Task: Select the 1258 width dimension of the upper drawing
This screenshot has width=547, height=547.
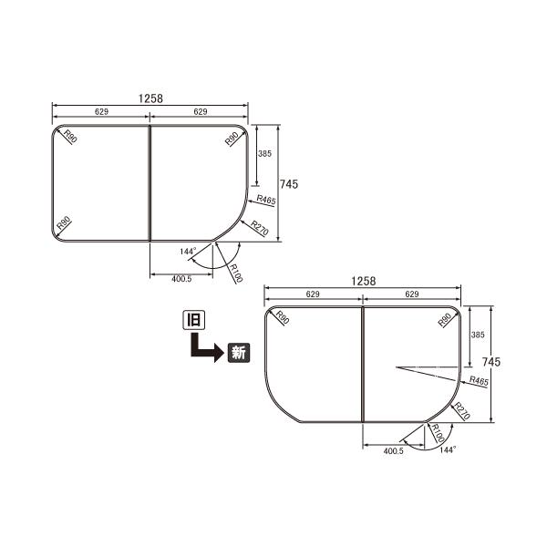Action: tap(151, 98)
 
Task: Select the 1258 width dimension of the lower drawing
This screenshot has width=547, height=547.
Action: tap(362, 283)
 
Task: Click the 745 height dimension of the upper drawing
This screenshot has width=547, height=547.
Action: tap(289, 183)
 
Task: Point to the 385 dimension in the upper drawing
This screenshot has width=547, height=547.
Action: tap(264, 154)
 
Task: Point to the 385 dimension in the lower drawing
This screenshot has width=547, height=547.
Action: tap(476, 335)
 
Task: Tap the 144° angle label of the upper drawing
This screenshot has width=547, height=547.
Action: tap(188, 251)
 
